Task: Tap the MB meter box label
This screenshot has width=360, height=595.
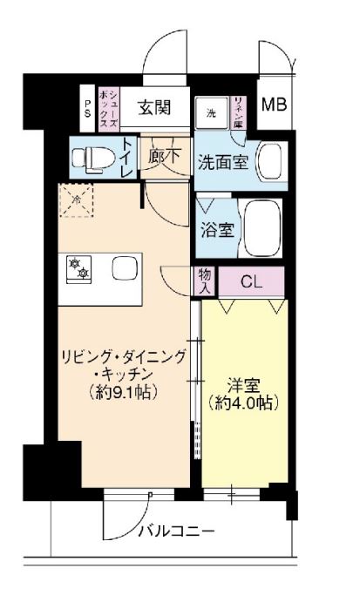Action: (275, 105)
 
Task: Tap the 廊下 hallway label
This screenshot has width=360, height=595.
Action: (164, 159)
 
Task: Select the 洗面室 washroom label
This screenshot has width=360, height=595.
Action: (221, 161)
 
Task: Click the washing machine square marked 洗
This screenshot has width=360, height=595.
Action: (211, 114)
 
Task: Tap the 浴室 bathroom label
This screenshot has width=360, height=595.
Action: (217, 232)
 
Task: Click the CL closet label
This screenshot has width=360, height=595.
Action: (251, 281)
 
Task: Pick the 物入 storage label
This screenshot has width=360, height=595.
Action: (206, 281)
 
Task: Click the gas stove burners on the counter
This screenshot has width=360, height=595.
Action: (78, 267)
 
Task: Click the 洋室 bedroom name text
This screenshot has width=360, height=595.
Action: (241, 384)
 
